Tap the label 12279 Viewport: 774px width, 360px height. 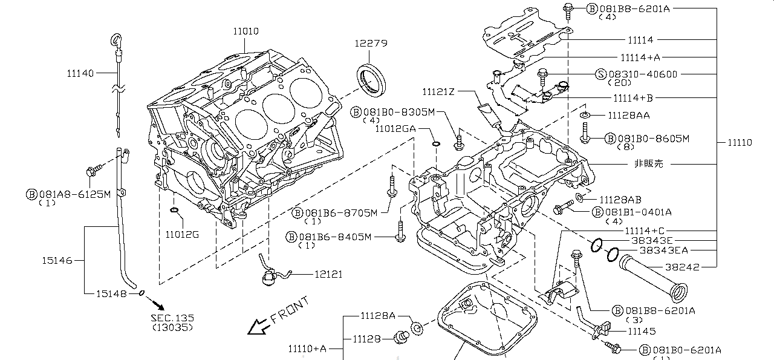[x=371, y=44]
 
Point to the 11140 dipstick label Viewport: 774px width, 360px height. [x=80, y=73]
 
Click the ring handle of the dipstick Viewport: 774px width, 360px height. [x=114, y=41]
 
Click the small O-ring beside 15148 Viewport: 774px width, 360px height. [x=141, y=293]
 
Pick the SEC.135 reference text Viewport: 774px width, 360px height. [x=172, y=318]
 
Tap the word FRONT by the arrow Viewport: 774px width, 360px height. [x=290, y=309]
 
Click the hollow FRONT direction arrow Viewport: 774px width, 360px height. [x=259, y=327]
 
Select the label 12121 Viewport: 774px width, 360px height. [x=328, y=274]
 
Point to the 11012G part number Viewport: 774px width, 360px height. [x=182, y=234]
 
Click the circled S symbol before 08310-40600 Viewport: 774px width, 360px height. [x=600, y=74]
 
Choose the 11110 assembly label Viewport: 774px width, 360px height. [x=739, y=143]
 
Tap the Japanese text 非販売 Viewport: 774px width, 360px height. [x=648, y=164]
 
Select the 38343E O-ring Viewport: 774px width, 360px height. [x=596, y=245]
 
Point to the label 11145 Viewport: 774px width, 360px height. [x=642, y=331]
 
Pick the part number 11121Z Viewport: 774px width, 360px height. [x=438, y=92]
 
